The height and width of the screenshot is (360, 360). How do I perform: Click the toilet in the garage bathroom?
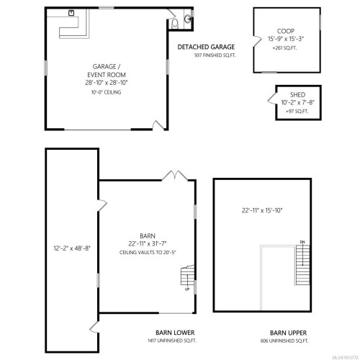pyautogui.click(x=186, y=19)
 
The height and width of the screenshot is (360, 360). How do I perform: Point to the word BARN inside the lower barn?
pyautogui.click(x=148, y=236)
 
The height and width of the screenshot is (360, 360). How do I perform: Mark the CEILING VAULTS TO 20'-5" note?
pyautogui.click(x=148, y=253)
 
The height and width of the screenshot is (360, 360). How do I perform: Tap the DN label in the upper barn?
pyautogui.click(x=303, y=242)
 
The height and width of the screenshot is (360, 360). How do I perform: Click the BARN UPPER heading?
pyautogui.click(x=284, y=332)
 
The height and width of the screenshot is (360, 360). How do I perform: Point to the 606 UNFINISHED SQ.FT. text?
pyautogui.click(x=284, y=341)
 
